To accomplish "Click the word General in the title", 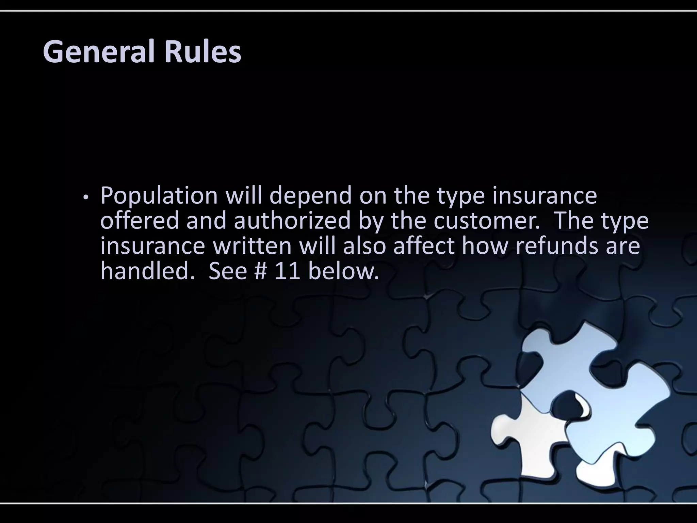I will (99, 52).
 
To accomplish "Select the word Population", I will (159, 196).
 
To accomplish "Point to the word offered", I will (139, 221).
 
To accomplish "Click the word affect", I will (423, 246).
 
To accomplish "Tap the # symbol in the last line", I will (261, 271).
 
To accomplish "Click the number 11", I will (287, 271).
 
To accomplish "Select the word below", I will (343, 271).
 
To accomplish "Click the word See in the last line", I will (227, 271).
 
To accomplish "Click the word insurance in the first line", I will (544, 196).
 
